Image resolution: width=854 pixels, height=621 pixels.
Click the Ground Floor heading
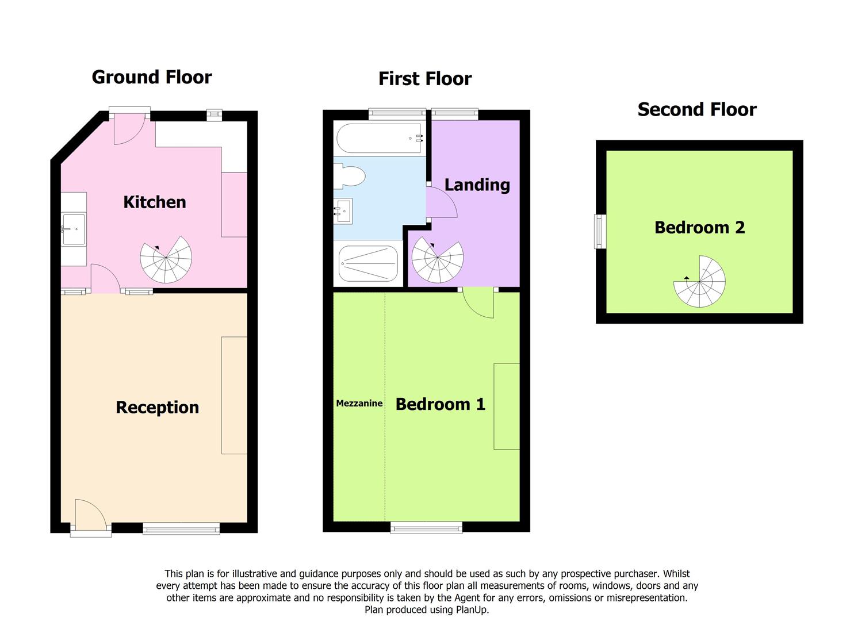click(x=152, y=78)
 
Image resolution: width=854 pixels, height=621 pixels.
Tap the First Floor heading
click(x=425, y=79)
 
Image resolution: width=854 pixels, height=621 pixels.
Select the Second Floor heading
click(x=697, y=110)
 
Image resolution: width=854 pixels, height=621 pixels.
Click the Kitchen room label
click(x=154, y=202)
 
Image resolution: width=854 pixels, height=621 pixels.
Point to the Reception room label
click(x=157, y=408)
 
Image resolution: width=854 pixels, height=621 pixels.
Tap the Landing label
click(x=477, y=185)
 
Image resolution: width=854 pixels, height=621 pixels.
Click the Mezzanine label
click(x=359, y=403)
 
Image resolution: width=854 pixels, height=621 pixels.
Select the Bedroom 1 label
click(x=441, y=404)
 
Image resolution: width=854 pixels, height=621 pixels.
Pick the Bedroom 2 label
click(x=700, y=228)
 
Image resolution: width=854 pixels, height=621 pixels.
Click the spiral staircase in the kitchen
click(x=166, y=259)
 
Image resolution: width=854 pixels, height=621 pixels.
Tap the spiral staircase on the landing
click(x=438, y=259)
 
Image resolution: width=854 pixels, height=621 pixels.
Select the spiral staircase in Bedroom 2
click(x=700, y=281)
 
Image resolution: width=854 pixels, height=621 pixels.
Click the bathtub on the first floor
click(x=379, y=138)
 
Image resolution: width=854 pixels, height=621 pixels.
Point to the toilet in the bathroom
click(x=349, y=176)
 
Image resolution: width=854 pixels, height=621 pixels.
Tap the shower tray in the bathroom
click(x=368, y=263)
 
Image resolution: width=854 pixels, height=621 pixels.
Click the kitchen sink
click(x=74, y=229)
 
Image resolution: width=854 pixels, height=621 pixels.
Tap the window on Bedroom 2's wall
click(x=600, y=231)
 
